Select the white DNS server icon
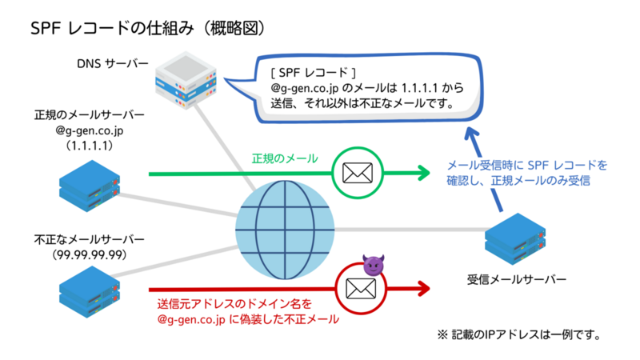pos(188,81)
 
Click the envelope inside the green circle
pos(358,172)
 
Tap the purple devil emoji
pos(374,264)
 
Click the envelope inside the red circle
pos(357,287)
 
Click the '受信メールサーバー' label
pos(516,279)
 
